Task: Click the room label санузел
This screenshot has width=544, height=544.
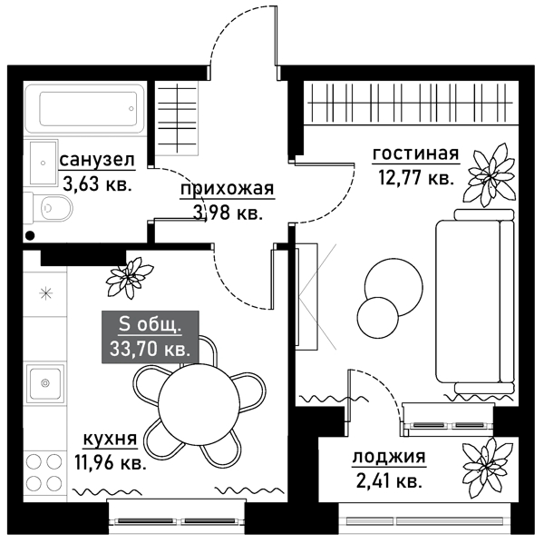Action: coord(97,161)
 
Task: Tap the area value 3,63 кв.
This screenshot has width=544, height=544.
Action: coord(97,182)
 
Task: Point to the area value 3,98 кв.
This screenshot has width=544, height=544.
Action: coord(227,213)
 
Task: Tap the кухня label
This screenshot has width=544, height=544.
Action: coord(110,440)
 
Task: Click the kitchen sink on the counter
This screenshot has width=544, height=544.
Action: coord(44,382)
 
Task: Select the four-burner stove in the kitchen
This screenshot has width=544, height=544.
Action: coord(44,470)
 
